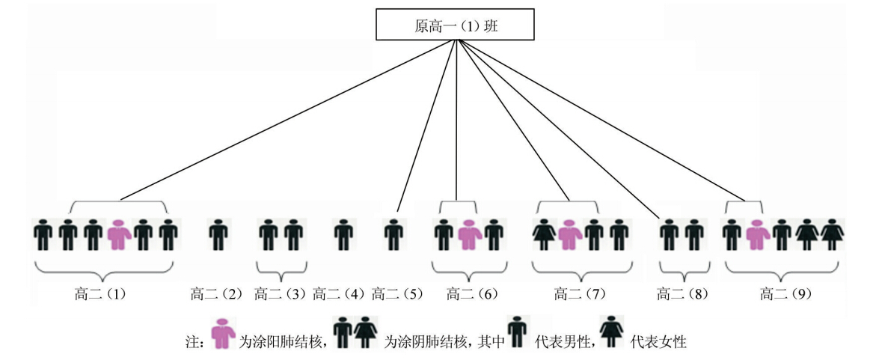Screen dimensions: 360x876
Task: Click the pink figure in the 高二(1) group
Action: coord(118,234)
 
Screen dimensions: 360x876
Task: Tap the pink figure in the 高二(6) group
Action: coord(468,234)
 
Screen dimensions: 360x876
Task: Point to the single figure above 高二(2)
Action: coord(217,234)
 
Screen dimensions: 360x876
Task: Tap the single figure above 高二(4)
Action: coord(341,234)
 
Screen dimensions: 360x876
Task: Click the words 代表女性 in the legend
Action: coord(659,342)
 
